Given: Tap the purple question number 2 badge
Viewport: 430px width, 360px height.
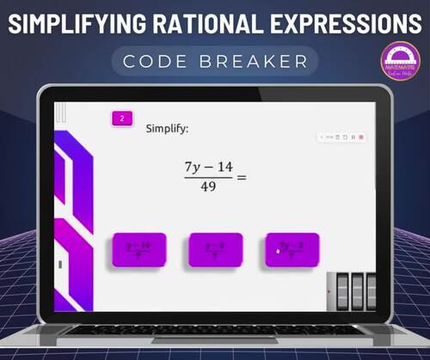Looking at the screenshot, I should click(122, 119).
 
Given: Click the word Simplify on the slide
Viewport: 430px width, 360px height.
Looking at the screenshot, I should click(167, 129).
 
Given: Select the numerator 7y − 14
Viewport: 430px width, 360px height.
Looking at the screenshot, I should click(208, 167).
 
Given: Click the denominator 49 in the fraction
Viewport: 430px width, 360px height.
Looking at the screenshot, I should click(209, 186).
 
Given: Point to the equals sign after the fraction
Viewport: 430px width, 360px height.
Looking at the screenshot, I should click(242, 178).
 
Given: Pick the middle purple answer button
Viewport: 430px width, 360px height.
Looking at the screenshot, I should click(215, 250).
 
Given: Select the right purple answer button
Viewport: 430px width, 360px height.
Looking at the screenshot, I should click(292, 250).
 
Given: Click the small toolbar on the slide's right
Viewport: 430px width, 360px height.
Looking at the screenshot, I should click(342, 137).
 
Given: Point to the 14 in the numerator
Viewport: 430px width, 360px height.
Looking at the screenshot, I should click(224, 167).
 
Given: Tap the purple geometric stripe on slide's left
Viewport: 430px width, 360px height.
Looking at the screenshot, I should click(72, 215).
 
